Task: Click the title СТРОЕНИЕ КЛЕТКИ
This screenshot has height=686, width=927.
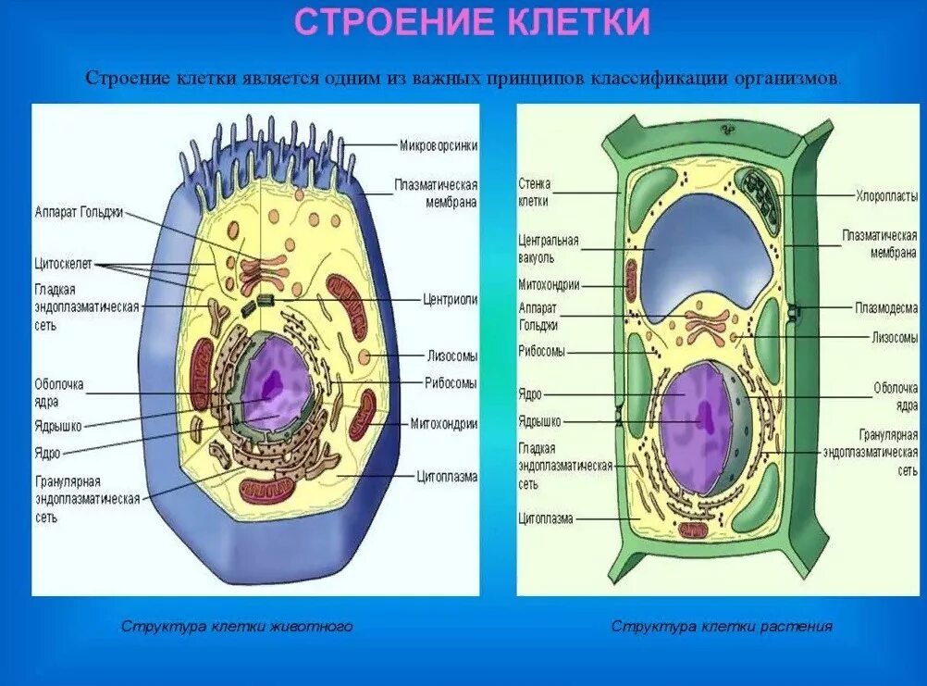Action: tap(472, 23)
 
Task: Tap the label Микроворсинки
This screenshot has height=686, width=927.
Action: tap(439, 144)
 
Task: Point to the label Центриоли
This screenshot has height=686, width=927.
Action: tap(451, 300)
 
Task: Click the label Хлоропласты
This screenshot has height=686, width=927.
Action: tap(886, 195)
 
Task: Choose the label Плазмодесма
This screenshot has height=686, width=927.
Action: tap(886, 307)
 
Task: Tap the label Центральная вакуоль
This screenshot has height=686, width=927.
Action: tap(549, 249)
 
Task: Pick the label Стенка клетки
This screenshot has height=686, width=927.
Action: tap(534, 192)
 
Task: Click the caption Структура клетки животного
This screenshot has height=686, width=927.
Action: tap(237, 627)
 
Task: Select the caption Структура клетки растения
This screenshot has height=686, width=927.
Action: tap(722, 627)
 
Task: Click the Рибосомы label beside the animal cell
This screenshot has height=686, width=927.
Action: tap(451, 382)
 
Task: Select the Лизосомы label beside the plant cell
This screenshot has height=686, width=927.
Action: tap(894, 338)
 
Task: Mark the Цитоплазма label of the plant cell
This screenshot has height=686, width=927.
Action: tap(546, 518)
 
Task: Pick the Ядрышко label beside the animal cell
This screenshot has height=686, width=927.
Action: tap(59, 426)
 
